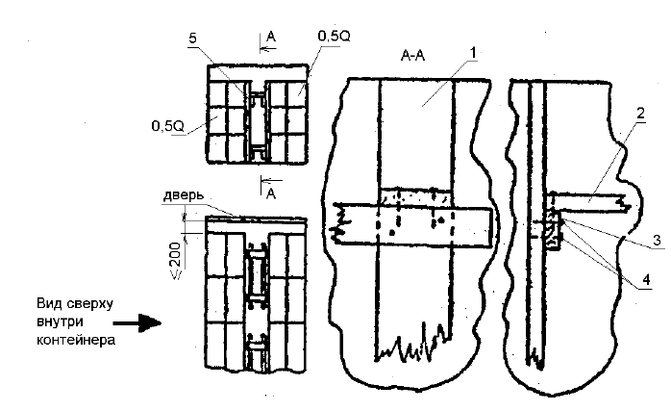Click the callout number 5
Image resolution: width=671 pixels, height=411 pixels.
click(x=193, y=39)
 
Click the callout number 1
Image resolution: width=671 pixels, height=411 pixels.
click(x=472, y=53)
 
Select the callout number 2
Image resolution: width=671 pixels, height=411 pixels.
click(x=640, y=114)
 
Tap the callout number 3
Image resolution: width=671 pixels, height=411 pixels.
click(x=658, y=241)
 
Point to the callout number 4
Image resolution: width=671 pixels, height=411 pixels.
click(x=646, y=280)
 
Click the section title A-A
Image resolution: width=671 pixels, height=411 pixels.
click(x=413, y=55)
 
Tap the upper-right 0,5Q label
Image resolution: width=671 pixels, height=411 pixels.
click(x=334, y=37)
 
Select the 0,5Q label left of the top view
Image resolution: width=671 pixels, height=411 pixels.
click(x=167, y=126)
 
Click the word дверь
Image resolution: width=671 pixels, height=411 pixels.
click(x=184, y=195)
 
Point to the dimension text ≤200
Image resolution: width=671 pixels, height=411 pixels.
click(x=176, y=261)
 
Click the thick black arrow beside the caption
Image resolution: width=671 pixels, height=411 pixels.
click(x=137, y=322)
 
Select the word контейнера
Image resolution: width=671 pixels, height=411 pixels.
click(x=76, y=341)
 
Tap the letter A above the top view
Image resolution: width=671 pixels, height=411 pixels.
click(x=271, y=37)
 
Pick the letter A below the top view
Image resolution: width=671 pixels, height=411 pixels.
click(x=271, y=194)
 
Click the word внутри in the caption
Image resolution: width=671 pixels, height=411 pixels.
click(x=60, y=322)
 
